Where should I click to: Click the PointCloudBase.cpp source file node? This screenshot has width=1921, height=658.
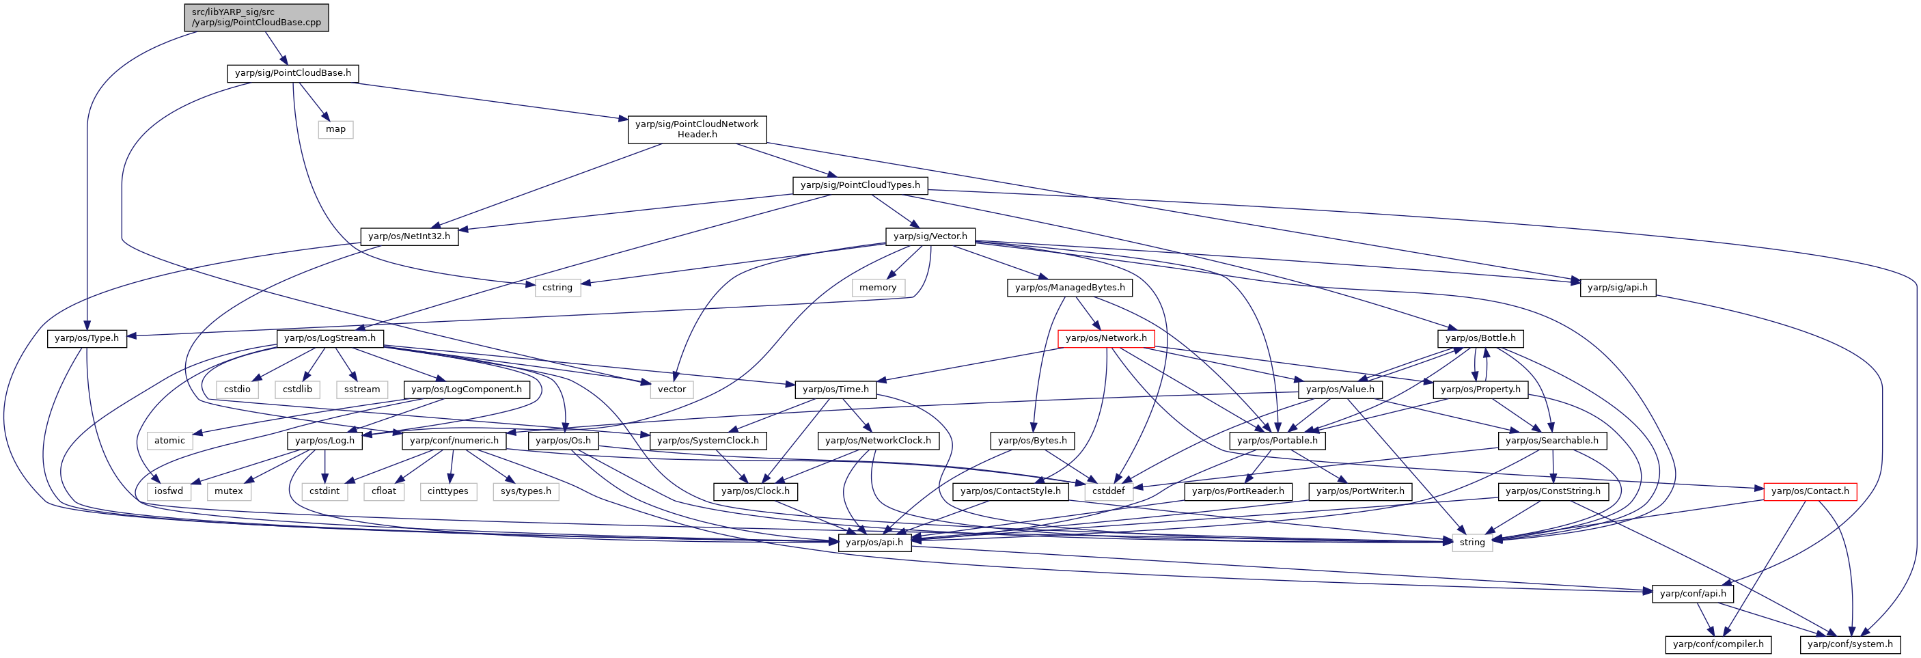coord(257,17)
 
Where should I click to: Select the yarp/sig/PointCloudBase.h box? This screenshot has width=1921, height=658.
coord(292,73)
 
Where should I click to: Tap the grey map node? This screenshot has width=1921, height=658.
coord(335,129)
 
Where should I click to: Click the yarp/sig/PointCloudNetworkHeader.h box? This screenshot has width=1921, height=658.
coord(697,129)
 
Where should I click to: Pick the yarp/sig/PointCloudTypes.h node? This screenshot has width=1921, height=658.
coord(860,185)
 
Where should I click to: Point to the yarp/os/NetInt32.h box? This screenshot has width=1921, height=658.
coord(409,236)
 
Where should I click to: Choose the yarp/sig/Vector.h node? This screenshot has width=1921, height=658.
coord(930,236)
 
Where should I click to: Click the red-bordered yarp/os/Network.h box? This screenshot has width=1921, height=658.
coord(1106,339)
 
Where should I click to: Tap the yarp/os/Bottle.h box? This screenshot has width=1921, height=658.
coord(1480,339)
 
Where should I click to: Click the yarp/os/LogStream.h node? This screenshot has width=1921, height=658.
coord(331,339)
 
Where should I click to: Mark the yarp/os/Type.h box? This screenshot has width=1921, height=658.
coord(87,339)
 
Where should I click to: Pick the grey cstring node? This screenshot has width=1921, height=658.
coord(557,288)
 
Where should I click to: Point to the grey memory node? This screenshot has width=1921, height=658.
coord(878,288)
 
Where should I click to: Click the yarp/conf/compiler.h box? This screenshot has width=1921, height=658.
coord(1718,644)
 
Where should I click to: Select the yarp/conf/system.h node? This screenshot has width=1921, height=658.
coord(1850,644)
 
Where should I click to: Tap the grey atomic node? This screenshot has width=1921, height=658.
coord(169,441)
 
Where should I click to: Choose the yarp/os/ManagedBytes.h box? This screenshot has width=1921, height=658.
coord(1070,288)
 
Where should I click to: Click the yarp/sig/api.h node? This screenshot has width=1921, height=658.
coord(1618,288)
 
